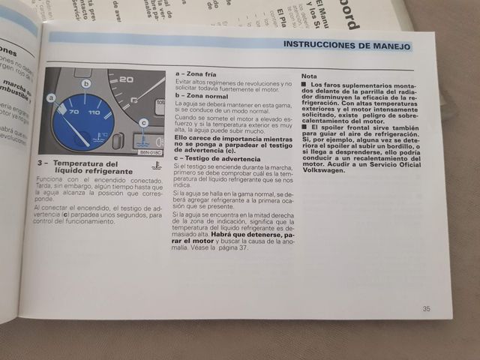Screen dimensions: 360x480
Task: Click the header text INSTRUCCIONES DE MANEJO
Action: click(x=346, y=45)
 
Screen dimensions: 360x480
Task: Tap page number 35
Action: click(x=426, y=308)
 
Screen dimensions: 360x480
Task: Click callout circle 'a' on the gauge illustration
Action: click(x=51, y=97)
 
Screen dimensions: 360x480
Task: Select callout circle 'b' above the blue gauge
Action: click(x=86, y=83)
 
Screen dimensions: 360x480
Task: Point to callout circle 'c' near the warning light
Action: click(x=143, y=122)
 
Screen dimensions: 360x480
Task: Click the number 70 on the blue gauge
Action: click(x=73, y=112)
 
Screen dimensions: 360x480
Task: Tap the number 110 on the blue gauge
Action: click(x=94, y=112)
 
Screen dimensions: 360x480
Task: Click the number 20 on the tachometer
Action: click(x=126, y=79)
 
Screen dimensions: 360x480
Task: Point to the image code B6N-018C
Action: click(x=150, y=151)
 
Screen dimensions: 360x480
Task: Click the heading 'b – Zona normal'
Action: click(x=201, y=97)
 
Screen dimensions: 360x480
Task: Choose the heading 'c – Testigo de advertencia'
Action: click(x=217, y=159)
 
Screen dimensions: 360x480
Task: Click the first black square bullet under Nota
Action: click(x=304, y=85)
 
